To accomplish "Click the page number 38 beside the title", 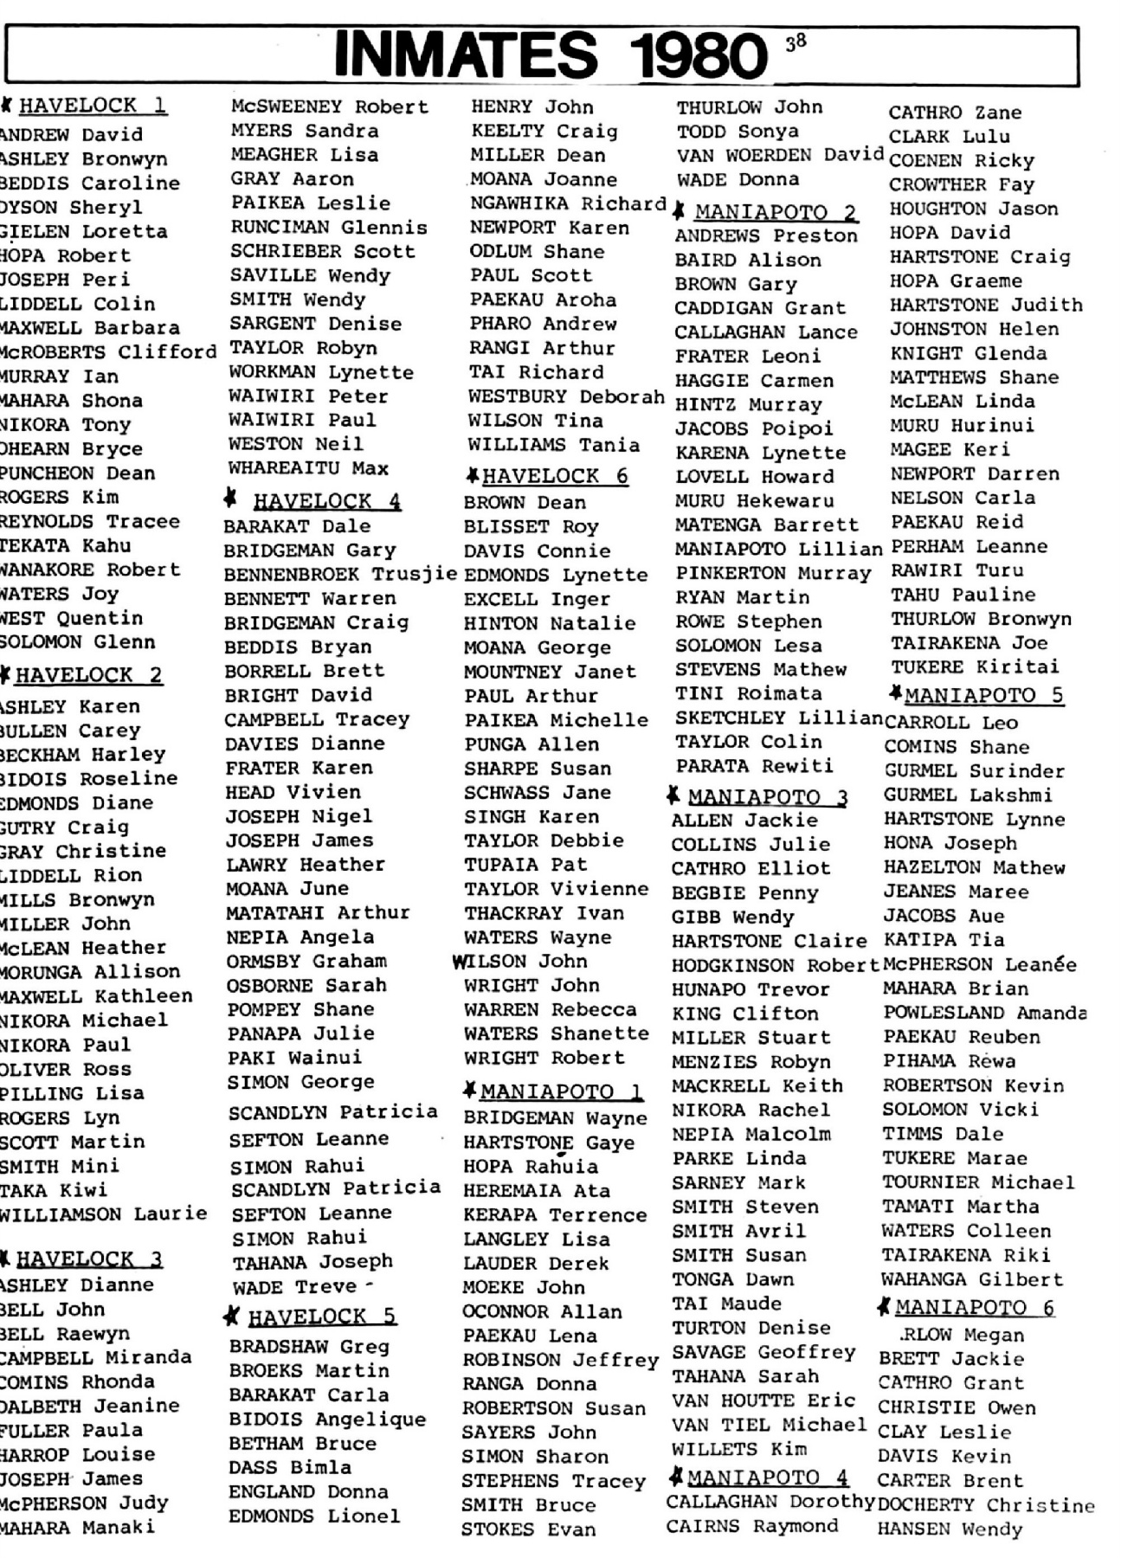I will tap(796, 41).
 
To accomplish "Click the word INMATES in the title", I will tap(465, 55).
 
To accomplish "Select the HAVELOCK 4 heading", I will tap(326, 501).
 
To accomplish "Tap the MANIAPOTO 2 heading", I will tap(776, 212).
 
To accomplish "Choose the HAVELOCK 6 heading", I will tap(555, 476).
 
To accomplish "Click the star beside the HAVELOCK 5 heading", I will tap(231, 1317).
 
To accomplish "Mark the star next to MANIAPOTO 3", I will tap(673, 795).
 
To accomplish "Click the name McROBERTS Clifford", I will tap(107, 352).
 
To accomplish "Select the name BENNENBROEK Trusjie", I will tap(340, 574).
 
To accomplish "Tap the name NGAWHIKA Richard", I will tap(568, 203).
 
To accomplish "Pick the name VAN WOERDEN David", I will tap(780, 156).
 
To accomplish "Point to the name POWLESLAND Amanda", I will tap(984, 1013).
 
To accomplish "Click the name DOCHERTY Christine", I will tap(986, 1505).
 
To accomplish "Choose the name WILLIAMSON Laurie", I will tap(103, 1214).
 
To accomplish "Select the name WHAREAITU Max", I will tap(308, 468).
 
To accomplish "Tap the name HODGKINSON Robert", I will tap(775, 965).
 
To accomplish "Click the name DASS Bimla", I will tap(290, 1467).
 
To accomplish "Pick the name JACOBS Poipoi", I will tap(753, 428).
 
